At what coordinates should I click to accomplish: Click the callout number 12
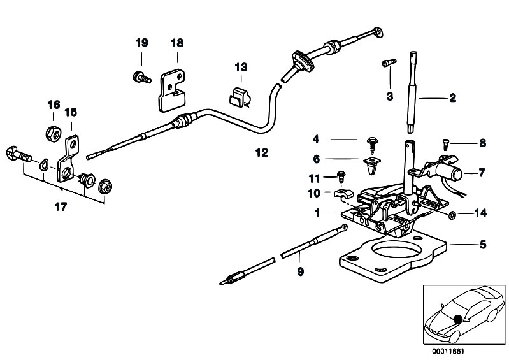click(x=262, y=153)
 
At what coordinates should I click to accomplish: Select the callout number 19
click(x=141, y=43)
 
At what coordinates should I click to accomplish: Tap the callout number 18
click(x=176, y=43)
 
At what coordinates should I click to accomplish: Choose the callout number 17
click(x=62, y=206)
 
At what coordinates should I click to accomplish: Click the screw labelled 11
click(x=341, y=178)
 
